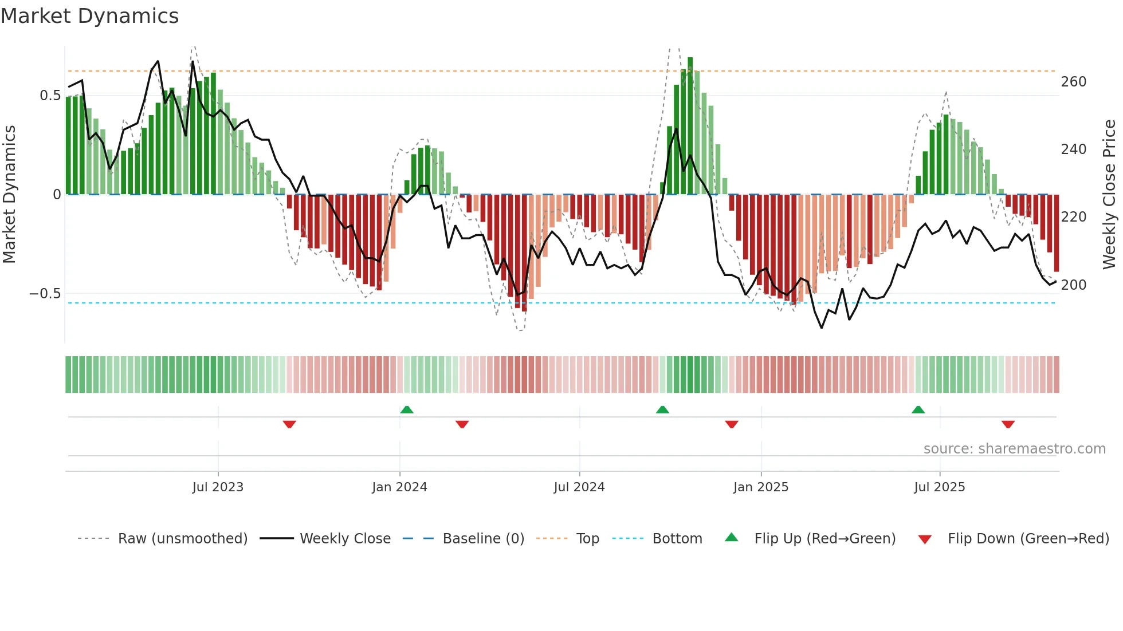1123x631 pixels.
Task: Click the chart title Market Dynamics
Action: [x=89, y=16]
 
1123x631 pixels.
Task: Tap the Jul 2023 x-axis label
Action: [x=218, y=487]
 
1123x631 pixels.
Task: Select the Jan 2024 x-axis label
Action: [x=399, y=487]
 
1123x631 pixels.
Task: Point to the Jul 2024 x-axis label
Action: [x=579, y=487]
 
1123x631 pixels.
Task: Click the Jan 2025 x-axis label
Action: [x=761, y=487]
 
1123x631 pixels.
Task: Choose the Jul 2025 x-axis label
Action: [x=940, y=487]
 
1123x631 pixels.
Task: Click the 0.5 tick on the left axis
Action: [x=50, y=96]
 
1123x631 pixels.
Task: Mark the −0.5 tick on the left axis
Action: [x=45, y=294]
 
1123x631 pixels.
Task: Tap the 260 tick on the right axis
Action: [x=1073, y=82]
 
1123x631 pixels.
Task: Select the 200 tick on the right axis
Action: [x=1073, y=285]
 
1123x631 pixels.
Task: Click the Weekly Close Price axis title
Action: [x=1109, y=195]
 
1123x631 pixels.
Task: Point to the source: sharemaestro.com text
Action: [x=1014, y=449]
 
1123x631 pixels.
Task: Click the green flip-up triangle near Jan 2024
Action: [x=407, y=409]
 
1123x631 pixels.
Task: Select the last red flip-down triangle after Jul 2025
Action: [x=1008, y=424]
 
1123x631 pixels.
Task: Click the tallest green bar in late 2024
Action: [x=690, y=126]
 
